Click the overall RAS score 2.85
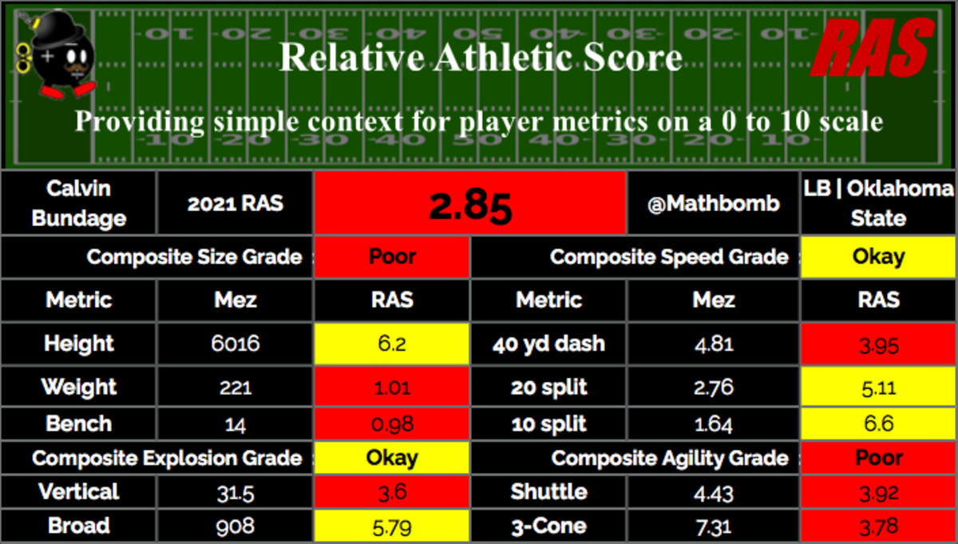[x=470, y=204]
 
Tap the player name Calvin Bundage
[x=79, y=204]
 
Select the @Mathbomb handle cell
[x=714, y=204]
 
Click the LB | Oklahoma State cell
[x=878, y=204]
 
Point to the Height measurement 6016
[x=235, y=344]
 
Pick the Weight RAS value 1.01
[x=392, y=388]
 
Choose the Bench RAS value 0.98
[x=392, y=425]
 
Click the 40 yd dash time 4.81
[x=714, y=344]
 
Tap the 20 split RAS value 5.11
[x=878, y=388]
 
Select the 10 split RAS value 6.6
[x=878, y=425]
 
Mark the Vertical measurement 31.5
[x=235, y=493]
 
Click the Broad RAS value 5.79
[x=392, y=527]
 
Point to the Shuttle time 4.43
[x=714, y=493]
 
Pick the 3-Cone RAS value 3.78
[x=878, y=527]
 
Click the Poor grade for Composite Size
[x=392, y=257]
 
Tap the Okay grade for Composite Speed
[x=878, y=257]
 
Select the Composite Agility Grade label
[x=670, y=459]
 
